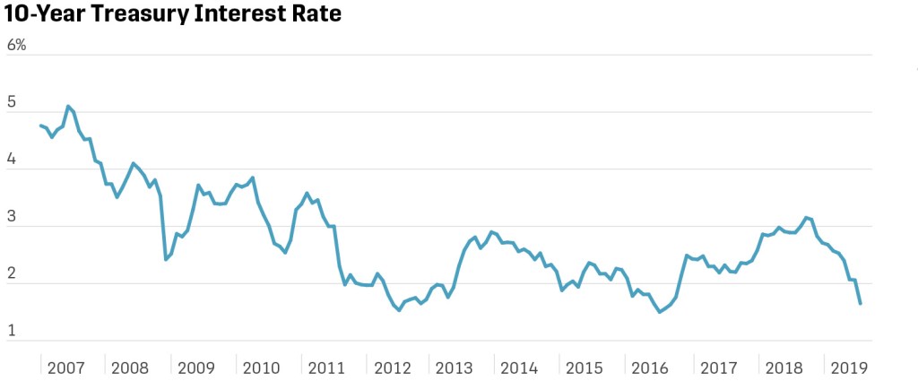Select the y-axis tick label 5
coord(12,103)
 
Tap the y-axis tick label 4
coord(12,160)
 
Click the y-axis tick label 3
coord(12,218)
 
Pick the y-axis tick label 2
coord(12,275)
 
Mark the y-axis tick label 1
coord(12,332)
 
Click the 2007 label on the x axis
coord(66,368)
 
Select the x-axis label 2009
coord(196,368)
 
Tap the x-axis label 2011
coord(326,368)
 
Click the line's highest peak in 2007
coord(68,106)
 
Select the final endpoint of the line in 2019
coord(861,304)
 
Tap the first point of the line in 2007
coord(41,126)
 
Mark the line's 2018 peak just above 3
coord(807,217)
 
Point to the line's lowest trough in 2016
coord(660,312)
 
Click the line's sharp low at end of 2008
coord(166,259)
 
